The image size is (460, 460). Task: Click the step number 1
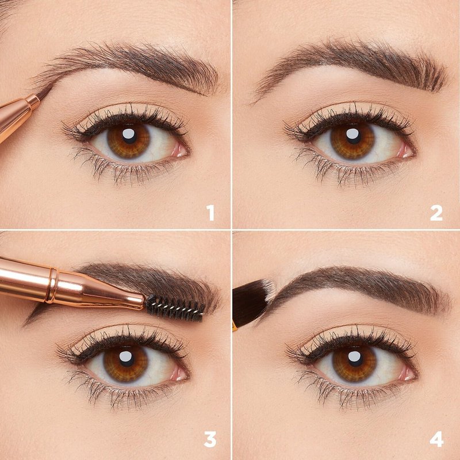(210, 213)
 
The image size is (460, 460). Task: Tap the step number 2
(436, 213)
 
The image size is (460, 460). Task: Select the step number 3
(210, 439)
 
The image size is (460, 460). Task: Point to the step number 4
(436, 439)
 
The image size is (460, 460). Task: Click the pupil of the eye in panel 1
(129, 136)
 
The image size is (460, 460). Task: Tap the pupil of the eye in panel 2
(352, 136)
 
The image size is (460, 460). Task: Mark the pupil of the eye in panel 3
(126, 357)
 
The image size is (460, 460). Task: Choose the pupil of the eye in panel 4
(354, 357)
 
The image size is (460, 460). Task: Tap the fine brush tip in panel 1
(45, 92)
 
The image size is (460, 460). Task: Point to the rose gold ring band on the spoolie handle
(52, 285)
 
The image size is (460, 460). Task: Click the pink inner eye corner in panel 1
(179, 151)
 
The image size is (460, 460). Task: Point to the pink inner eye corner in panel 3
(178, 373)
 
